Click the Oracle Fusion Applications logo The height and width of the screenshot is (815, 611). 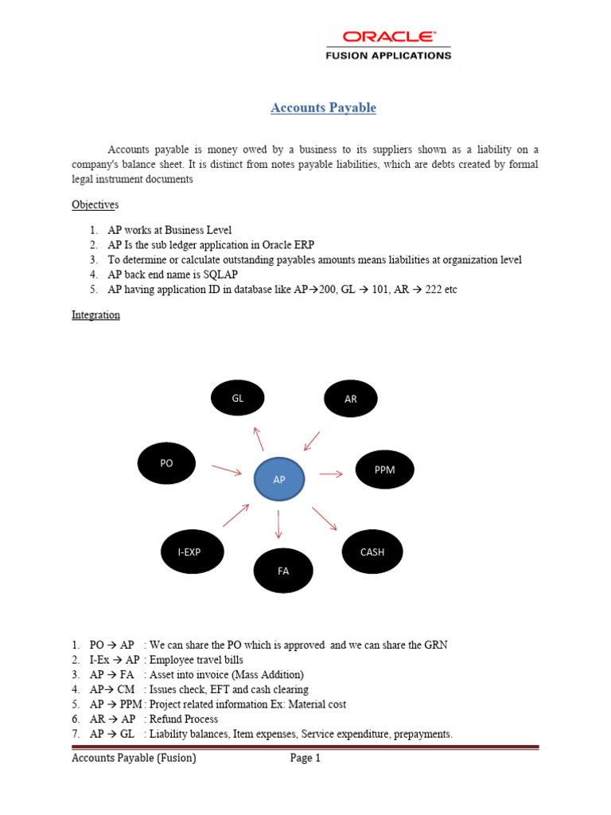click(387, 45)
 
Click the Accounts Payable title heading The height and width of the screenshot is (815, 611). click(323, 107)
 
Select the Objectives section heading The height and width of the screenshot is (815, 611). click(95, 205)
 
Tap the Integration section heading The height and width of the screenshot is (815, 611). click(95, 315)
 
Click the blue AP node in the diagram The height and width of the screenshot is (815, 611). click(278, 480)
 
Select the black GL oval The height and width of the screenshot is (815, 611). click(237, 398)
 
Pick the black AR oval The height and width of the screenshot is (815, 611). click(351, 399)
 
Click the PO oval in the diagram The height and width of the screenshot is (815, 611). click(166, 463)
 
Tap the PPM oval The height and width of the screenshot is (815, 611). click(384, 470)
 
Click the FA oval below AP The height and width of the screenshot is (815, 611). click(283, 570)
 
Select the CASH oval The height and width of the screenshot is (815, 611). click(372, 551)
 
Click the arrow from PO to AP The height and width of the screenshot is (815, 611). click(227, 470)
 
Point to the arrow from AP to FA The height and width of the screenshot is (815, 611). click(278, 524)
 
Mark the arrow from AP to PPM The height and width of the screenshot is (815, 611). click(331, 474)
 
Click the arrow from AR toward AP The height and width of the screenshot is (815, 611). click(311, 441)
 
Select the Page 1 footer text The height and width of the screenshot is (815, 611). click(305, 758)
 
